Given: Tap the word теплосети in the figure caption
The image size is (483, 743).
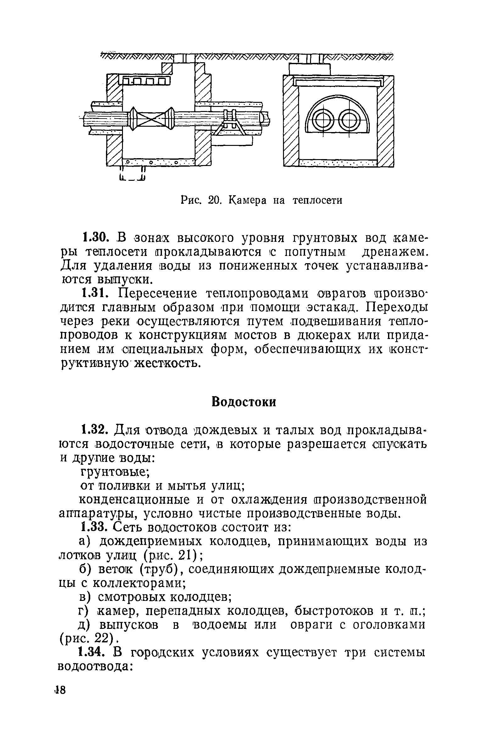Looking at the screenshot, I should (x=317, y=200).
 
